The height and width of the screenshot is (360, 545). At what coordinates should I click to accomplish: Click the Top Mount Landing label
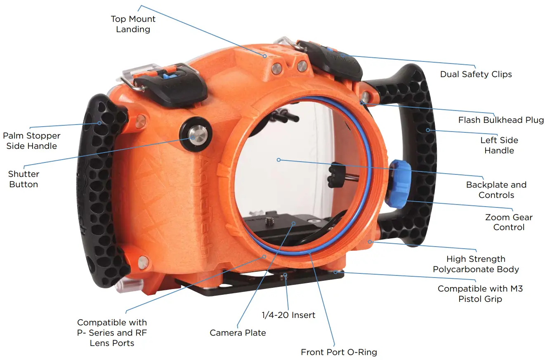click(133, 24)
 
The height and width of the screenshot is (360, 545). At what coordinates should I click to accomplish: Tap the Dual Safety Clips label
click(476, 75)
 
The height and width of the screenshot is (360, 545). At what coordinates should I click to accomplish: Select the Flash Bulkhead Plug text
click(501, 120)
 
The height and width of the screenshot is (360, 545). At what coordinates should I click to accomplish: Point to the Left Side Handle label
click(499, 145)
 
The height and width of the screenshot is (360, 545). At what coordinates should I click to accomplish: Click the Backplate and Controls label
click(496, 190)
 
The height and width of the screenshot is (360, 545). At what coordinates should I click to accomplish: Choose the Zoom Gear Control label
click(509, 222)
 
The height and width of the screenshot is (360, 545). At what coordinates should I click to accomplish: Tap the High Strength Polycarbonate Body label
click(476, 264)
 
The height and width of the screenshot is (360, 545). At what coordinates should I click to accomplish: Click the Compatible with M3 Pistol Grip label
click(480, 294)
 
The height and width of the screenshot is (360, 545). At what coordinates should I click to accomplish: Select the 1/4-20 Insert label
click(288, 315)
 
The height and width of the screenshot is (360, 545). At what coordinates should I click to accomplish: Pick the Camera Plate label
click(238, 333)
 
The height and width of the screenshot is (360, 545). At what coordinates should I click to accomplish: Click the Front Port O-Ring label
click(339, 352)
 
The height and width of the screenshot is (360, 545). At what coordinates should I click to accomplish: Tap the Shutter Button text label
click(24, 179)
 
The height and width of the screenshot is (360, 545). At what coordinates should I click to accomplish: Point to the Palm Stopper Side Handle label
click(31, 141)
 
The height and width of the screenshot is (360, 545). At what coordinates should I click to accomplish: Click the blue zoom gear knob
click(399, 184)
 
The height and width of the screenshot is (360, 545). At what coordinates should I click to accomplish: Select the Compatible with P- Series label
click(112, 332)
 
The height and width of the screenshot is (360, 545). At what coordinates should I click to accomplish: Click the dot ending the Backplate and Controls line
click(278, 160)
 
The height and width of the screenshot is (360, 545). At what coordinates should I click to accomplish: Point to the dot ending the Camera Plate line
click(293, 223)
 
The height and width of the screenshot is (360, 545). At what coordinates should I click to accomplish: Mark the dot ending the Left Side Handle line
click(428, 130)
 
